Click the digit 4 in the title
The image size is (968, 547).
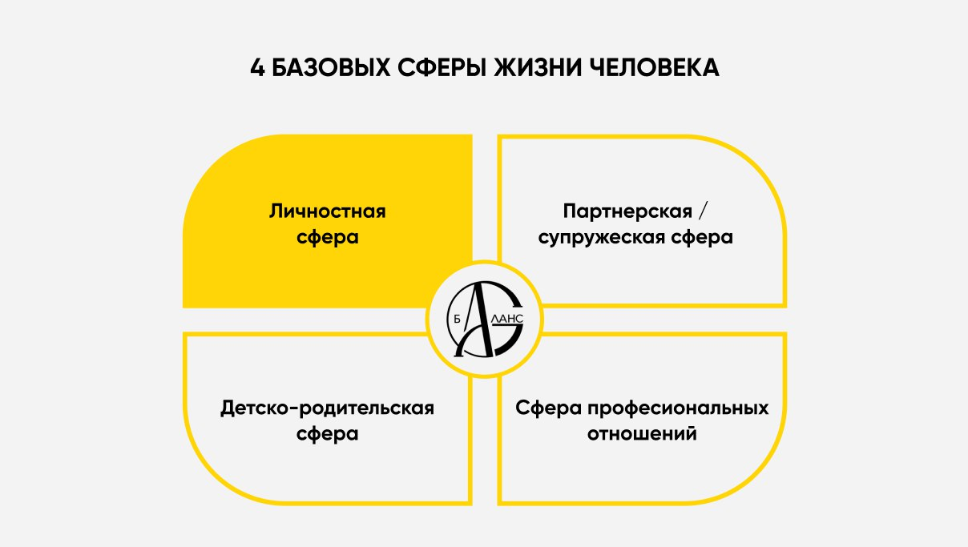click(257, 68)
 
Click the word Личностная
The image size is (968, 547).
click(327, 211)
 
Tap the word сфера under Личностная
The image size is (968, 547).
click(327, 238)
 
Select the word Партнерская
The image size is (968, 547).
click(627, 211)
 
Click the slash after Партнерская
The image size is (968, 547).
click(704, 211)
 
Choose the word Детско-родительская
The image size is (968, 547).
click(327, 408)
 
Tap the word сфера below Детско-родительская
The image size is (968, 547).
click(327, 434)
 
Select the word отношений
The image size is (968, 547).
click(642, 434)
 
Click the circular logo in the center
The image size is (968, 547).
click(483, 319)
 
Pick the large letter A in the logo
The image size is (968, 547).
click(477, 316)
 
